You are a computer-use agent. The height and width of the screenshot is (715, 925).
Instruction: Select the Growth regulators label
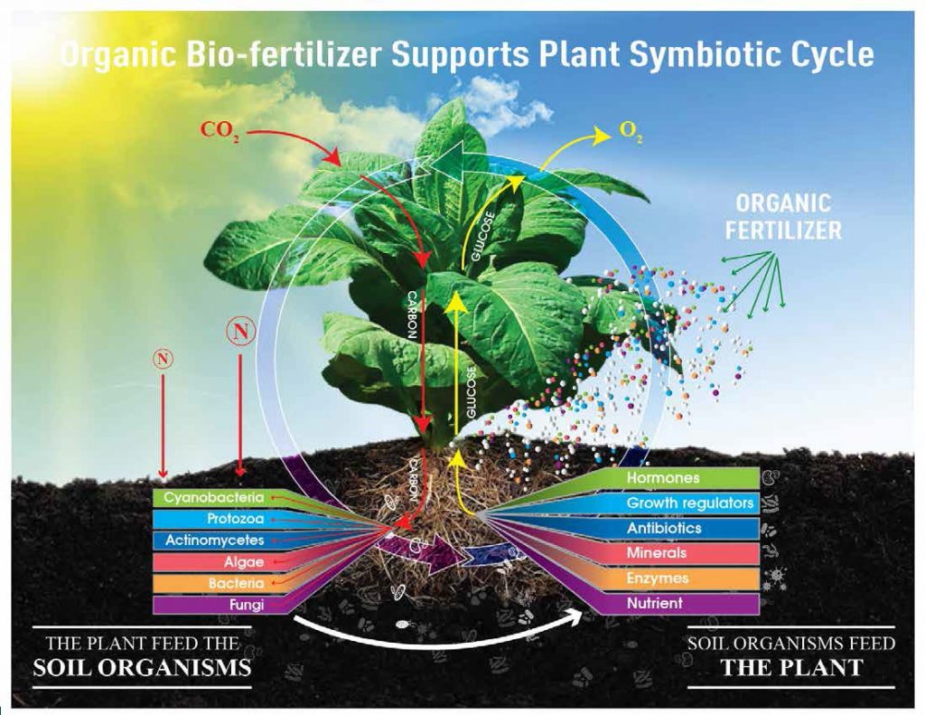coord(690,503)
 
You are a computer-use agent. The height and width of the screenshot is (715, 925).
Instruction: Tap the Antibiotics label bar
coord(664,528)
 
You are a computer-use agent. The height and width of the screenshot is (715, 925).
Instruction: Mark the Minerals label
coord(657,552)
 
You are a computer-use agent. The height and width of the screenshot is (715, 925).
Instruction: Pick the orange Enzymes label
coord(658,578)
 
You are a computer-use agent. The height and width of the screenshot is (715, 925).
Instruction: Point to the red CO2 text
coord(221,129)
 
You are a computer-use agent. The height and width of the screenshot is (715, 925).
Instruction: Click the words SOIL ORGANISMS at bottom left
coord(142,669)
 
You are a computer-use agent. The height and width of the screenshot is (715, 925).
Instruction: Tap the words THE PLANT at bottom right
coord(791,669)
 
